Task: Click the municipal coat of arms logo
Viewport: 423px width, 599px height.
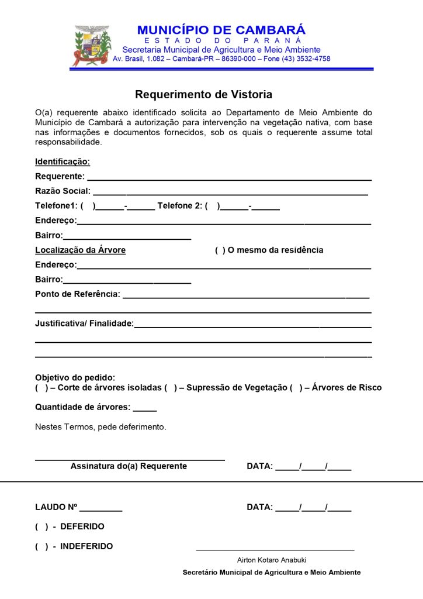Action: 91,46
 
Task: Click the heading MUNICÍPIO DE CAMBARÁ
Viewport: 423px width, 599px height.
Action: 221,30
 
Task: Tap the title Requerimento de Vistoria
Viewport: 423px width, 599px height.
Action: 203,94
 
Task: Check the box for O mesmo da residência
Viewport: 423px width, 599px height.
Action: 220,250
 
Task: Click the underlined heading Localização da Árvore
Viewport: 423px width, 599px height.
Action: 80,250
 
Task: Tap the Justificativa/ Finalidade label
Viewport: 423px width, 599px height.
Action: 84,323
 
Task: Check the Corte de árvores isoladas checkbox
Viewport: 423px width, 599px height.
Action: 41,388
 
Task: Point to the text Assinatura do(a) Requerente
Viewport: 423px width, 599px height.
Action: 129,466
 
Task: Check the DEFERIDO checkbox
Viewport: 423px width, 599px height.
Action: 41,527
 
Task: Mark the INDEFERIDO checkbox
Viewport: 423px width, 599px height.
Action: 41,547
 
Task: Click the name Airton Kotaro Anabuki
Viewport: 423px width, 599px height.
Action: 272,560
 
